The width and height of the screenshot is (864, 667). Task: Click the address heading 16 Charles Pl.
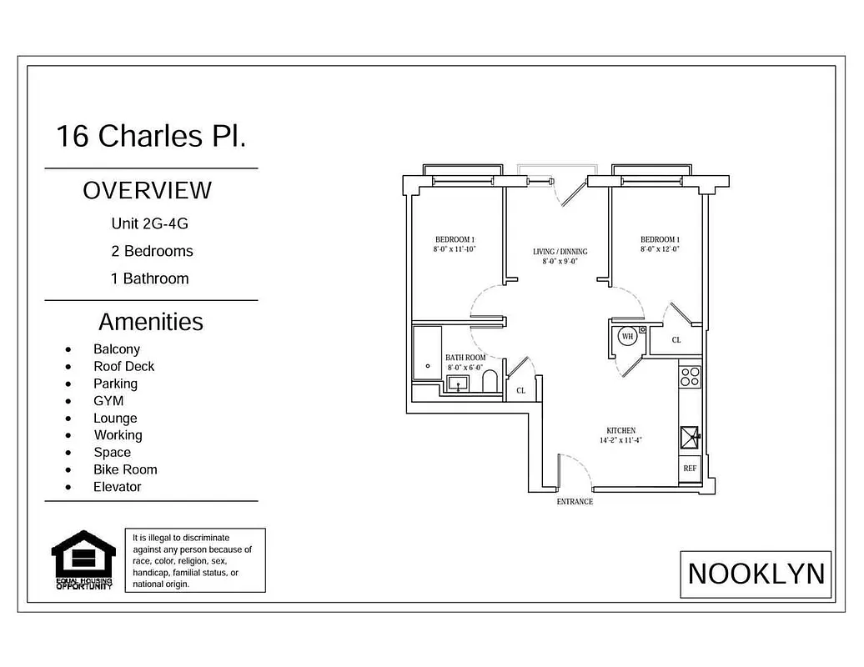click(x=151, y=136)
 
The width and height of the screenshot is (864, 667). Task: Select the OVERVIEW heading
click(x=148, y=191)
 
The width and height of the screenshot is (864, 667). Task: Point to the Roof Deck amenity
click(x=123, y=366)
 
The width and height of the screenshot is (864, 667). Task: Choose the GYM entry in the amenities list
click(x=108, y=401)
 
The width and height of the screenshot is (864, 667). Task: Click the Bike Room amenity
click(x=125, y=469)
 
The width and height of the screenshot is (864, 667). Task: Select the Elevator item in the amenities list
click(x=117, y=487)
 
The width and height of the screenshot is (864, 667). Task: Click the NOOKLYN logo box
click(x=756, y=574)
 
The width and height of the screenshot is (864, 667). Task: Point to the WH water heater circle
click(x=627, y=338)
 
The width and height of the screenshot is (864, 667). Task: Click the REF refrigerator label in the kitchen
click(x=690, y=469)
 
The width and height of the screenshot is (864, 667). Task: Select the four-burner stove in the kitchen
click(x=690, y=377)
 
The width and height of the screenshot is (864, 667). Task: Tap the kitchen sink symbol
click(x=691, y=435)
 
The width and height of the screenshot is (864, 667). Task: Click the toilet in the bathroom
click(x=490, y=381)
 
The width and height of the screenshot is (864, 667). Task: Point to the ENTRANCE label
click(x=575, y=502)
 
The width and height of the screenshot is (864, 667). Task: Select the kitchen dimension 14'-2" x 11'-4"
click(x=620, y=440)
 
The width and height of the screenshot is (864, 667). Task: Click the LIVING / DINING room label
click(x=560, y=252)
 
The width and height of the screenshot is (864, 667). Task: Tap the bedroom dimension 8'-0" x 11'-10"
click(x=454, y=249)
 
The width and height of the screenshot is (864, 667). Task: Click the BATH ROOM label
click(x=465, y=357)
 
